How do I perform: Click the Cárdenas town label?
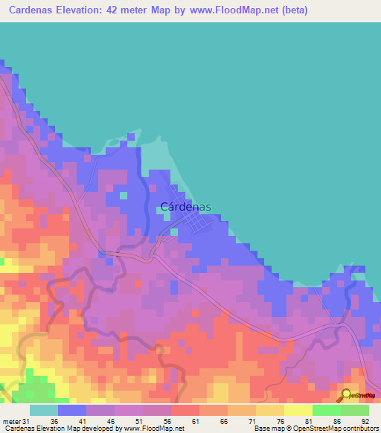coord(186,208)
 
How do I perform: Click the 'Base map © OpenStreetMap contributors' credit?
coord(315,429)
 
